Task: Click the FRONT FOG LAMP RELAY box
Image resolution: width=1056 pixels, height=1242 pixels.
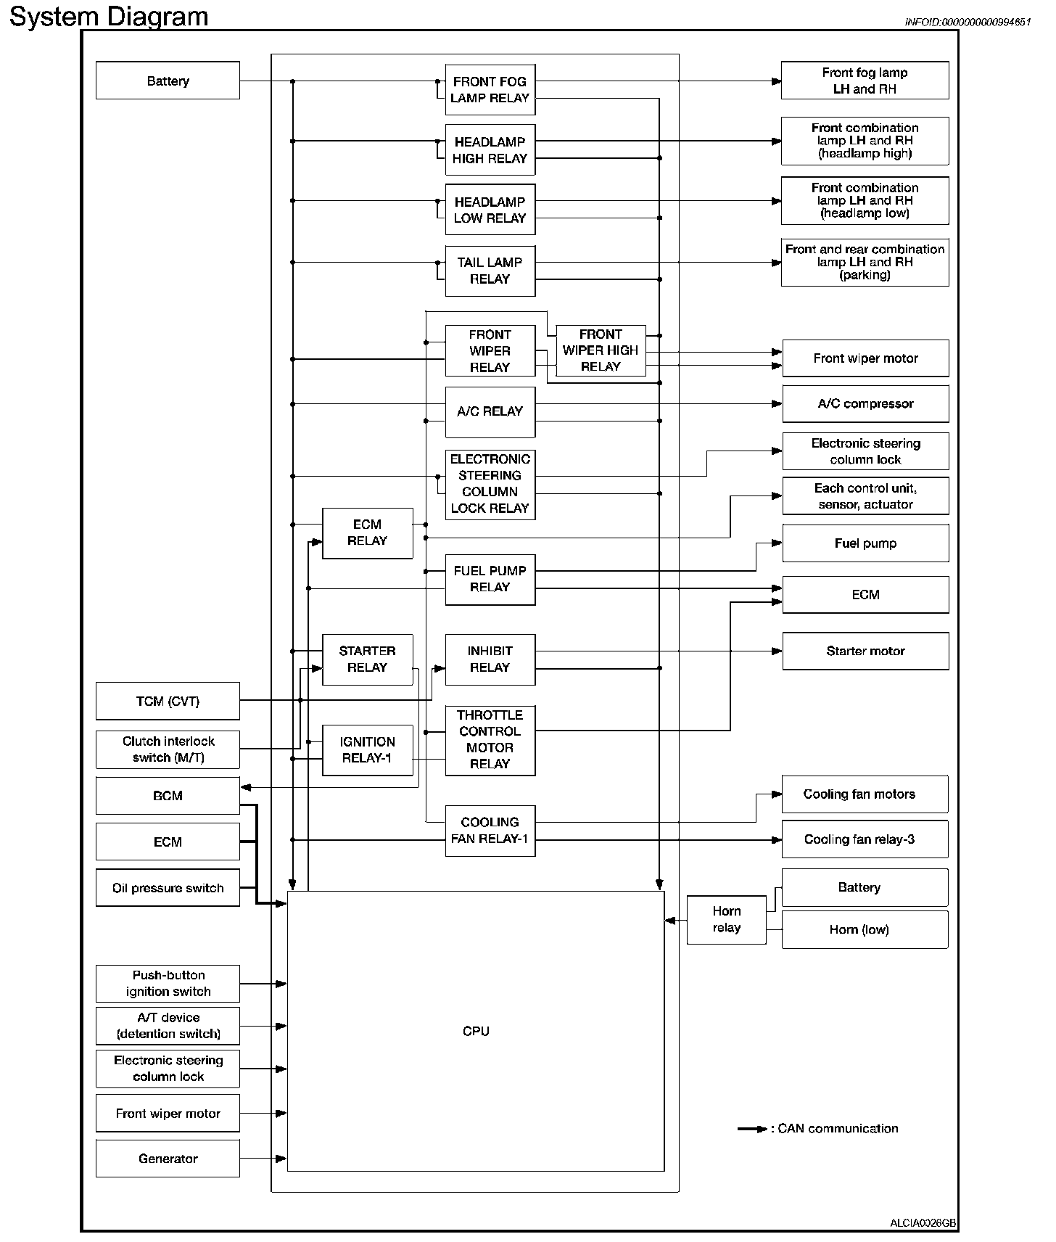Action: tap(490, 90)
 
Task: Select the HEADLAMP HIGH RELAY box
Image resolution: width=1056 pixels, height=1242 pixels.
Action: tap(490, 150)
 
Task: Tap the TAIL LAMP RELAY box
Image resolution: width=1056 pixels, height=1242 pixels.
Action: tap(490, 271)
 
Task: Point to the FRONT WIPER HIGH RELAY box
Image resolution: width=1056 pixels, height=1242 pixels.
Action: tap(601, 350)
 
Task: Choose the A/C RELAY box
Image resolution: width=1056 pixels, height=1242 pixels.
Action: tap(490, 411)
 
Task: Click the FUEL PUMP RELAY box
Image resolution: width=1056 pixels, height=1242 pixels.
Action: tap(490, 579)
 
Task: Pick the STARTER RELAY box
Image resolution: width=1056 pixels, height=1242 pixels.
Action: tap(367, 659)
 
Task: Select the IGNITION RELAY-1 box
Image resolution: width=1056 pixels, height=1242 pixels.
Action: tap(367, 750)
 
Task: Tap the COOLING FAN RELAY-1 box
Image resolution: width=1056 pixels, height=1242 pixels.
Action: tap(490, 831)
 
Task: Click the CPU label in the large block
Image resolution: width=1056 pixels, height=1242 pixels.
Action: tap(476, 1031)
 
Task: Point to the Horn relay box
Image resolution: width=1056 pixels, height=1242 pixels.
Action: tap(726, 919)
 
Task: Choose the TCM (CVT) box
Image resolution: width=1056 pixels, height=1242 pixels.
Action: tap(168, 701)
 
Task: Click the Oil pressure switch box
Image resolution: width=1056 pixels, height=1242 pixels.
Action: tap(168, 888)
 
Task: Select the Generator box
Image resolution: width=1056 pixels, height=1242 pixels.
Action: tap(168, 1159)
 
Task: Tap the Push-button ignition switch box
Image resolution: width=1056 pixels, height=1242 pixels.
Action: tap(168, 984)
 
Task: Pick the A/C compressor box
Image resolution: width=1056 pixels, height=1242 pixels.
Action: tap(865, 404)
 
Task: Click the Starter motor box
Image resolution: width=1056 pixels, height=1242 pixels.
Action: tap(865, 651)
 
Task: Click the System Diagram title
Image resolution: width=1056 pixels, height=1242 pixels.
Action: tap(109, 16)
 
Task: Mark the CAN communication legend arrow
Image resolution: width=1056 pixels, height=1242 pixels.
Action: tap(752, 1129)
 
